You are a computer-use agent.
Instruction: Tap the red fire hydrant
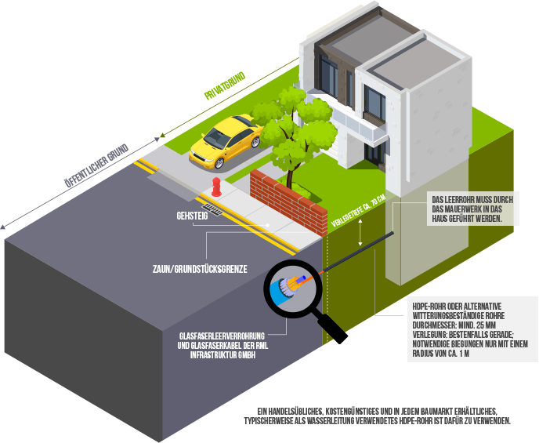point(216,187)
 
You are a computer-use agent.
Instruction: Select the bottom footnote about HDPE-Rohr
point(383,416)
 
